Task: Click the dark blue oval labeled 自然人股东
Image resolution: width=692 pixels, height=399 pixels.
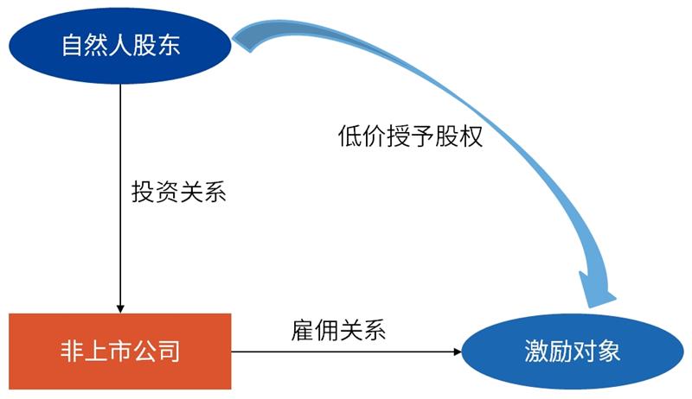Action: click(x=120, y=45)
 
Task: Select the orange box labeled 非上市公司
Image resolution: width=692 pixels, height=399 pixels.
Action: click(x=120, y=351)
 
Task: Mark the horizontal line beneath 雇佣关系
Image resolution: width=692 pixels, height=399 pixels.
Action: click(x=346, y=351)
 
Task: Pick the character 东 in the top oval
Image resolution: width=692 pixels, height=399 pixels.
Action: click(x=170, y=46)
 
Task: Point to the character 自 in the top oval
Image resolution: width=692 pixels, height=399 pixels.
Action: click(x=73, y=46)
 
